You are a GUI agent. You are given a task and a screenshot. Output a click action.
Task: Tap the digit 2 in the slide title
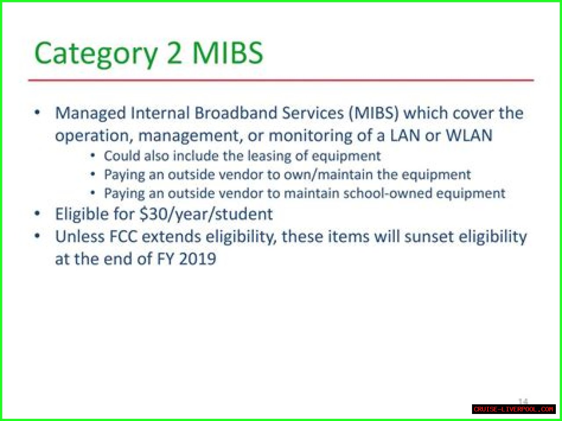coord(174,53)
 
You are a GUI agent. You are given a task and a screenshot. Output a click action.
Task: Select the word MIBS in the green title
coord(227,53)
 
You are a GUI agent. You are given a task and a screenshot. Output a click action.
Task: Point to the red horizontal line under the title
coord(281,80)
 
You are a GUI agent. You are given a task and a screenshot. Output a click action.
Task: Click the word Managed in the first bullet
coord(90,113)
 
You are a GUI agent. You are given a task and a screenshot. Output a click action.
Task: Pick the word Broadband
coord(236,113)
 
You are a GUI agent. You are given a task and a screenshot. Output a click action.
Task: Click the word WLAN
coord(469,135)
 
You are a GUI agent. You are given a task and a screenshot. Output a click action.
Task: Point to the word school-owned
coord(388,193)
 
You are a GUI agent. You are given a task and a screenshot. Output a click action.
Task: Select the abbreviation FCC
coord(123,237)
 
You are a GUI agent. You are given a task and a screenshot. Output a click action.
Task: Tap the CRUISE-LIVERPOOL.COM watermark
coord(514,409)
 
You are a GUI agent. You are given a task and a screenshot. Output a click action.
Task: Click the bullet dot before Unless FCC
coord(37,236)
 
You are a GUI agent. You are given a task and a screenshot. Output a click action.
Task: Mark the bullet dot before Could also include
coord(93,155)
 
